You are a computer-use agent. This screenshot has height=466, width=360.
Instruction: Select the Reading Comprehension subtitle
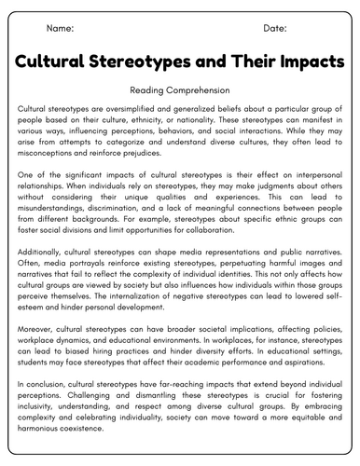(180, 91)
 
